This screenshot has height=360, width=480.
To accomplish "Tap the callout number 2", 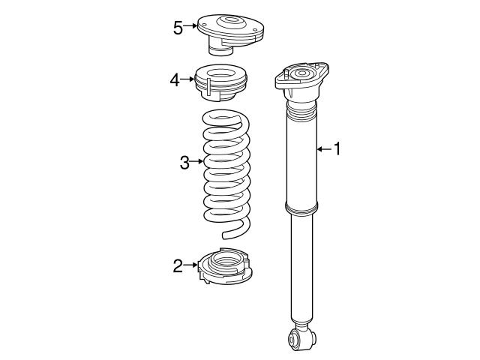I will (178, 265).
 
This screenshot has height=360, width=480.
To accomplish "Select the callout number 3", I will (184, 161).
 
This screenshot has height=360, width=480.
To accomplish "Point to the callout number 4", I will (175, 79).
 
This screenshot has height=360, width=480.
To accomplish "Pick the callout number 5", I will (178, 28).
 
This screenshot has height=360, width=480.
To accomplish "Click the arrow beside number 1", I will (322, 149).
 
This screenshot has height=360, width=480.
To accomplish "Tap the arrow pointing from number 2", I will (191, 265).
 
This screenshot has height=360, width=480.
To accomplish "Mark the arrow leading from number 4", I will (187, 79).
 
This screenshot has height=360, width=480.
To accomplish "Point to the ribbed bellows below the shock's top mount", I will (300, 116).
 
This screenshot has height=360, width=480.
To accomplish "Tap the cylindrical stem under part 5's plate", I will (220, 50).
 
